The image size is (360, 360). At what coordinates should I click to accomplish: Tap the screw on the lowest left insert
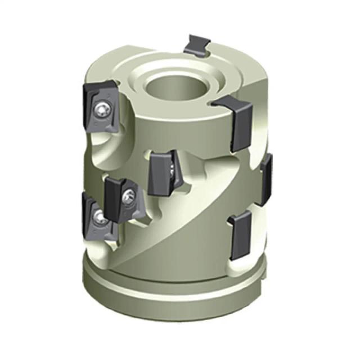pyautogui.click(x=100, y=215)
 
